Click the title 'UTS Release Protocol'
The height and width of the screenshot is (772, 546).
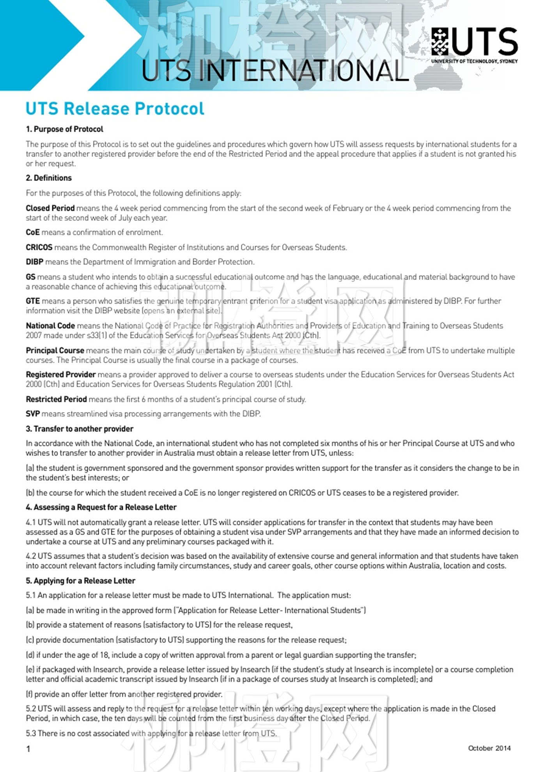pyautogui.click(x=115, y=108)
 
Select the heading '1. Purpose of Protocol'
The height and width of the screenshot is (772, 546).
pyautogui.click(x=64, y=129)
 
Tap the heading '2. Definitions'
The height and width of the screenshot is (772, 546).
pyautogui.click(x=49, y=178)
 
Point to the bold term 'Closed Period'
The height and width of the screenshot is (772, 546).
pyautogui.click(x=50, y=208)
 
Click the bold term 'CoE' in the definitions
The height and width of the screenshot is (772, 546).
pyautogui.click(x=33, y=232)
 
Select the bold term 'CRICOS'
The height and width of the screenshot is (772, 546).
pyautogui.click(x=39, y=247)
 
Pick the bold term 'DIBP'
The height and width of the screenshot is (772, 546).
pyautogui.click(x=34, y=262)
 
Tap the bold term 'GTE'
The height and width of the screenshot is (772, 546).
pyautogui.click(x=33, y=301)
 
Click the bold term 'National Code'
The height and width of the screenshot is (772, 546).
pyautogui.click(x=50, y=326)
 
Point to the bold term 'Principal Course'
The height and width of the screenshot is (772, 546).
pyautogui.click(x=55, y=351)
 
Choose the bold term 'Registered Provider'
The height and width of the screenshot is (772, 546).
pyautogui.click(x=60, y=375)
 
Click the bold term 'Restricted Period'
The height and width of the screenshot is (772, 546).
pyautogui.click(x=56, y=399)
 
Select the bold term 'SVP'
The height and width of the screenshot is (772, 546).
pyautogui.click(x=33, y=414)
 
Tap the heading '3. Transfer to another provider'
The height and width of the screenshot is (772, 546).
pyautogui.click(x=80, y=429)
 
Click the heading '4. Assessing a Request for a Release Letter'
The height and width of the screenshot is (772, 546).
pyautogui.click(x=101, y=507)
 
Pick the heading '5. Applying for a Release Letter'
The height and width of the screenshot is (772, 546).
pyautogui.click(x=80, y=581)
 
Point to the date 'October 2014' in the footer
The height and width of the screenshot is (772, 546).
pyautogui.click(x=489, y=748)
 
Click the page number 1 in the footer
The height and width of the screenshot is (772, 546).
pyautogui.click(x=28, y=749)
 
